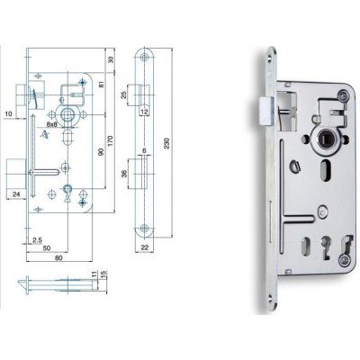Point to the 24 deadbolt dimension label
point(17,193)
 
